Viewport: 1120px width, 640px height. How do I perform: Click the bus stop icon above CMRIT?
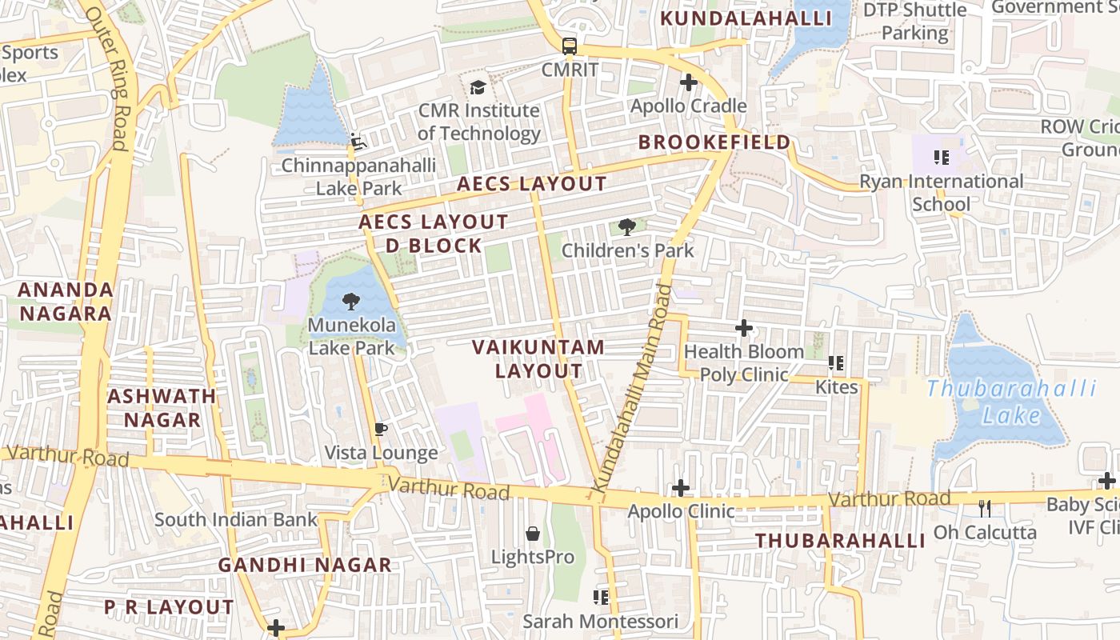pos(569,46)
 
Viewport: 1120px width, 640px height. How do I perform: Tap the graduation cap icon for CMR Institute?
pos(478,87)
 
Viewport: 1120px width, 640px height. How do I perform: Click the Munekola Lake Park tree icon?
pos(350,302)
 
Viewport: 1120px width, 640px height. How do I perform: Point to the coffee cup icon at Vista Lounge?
pos(381,430)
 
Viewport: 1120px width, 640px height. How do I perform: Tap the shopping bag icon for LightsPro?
pos(532,534)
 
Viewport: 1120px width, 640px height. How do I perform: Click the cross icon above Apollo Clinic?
pos(680,487)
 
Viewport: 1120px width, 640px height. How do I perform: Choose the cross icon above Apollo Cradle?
pos(688,82)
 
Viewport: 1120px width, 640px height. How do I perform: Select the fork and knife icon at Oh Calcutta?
pos(985,508)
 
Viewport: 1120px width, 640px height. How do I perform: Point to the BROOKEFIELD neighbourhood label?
pos(714,142)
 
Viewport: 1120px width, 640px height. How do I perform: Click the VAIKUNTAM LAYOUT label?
pos(538,359)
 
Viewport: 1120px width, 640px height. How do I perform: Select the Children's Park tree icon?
pos(627,227)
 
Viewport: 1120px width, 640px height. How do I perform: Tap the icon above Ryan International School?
pos(941,158)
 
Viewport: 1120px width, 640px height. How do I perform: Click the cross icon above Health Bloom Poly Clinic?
pos(744,327)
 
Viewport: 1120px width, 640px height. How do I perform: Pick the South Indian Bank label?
pos(236,520)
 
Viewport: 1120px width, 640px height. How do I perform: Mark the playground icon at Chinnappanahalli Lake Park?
pos(358,141)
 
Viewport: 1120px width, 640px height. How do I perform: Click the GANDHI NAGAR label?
pos(305,565)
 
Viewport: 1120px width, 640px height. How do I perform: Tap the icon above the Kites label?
pos(836,363)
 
